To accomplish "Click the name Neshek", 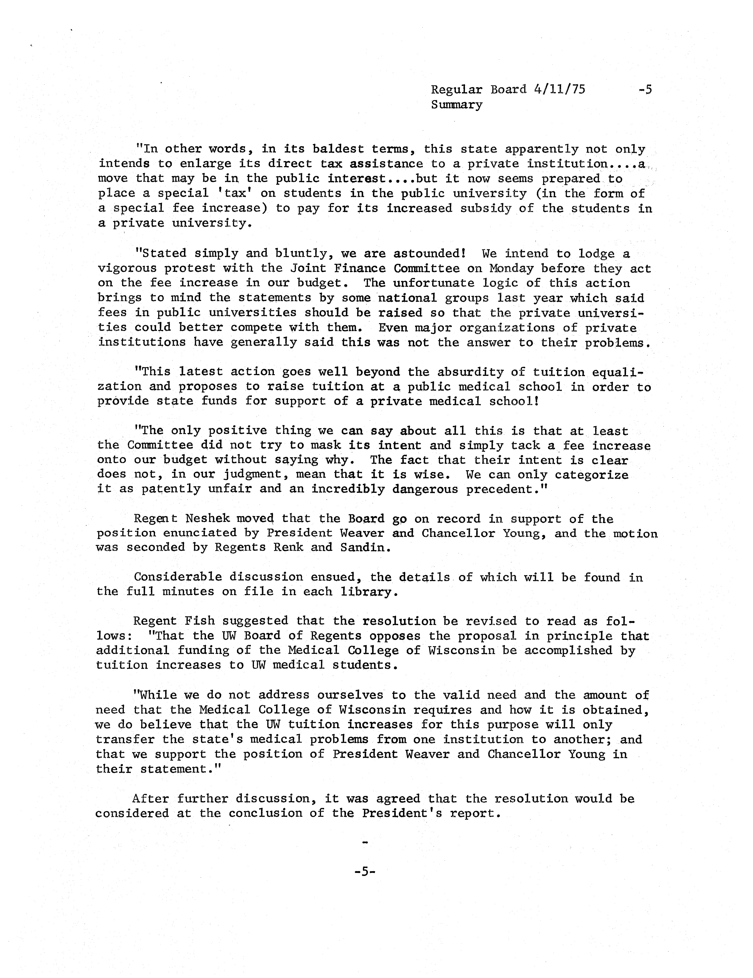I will pyautogui.click(x=207, y=519).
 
